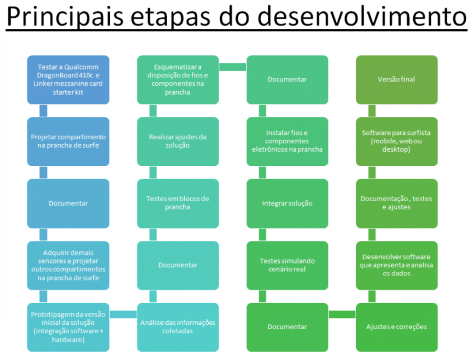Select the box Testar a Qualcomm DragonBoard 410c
[x=68, y=80]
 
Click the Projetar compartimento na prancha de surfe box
[x=68, y=141]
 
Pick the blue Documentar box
[x=68, y=204]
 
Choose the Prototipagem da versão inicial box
[x=68, y=327]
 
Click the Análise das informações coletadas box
[x=178, y=327]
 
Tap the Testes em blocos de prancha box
[x=178, y=204]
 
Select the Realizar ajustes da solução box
[x=178, y=141]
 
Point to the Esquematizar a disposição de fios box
[x=178, y=80]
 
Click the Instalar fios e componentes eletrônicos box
[x=287, y=141]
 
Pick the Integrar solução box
[x=287, y=204]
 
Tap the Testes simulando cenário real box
[x=287, y=265]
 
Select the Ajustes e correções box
[x=397, y=327]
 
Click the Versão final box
[x=397, y=80]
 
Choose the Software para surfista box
[x=397, y=141]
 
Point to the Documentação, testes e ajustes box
[x=397, y=204]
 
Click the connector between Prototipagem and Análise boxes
[x=123, y=314]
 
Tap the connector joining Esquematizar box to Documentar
[x=232, y=67]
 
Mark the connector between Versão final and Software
[x=372, y=111]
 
